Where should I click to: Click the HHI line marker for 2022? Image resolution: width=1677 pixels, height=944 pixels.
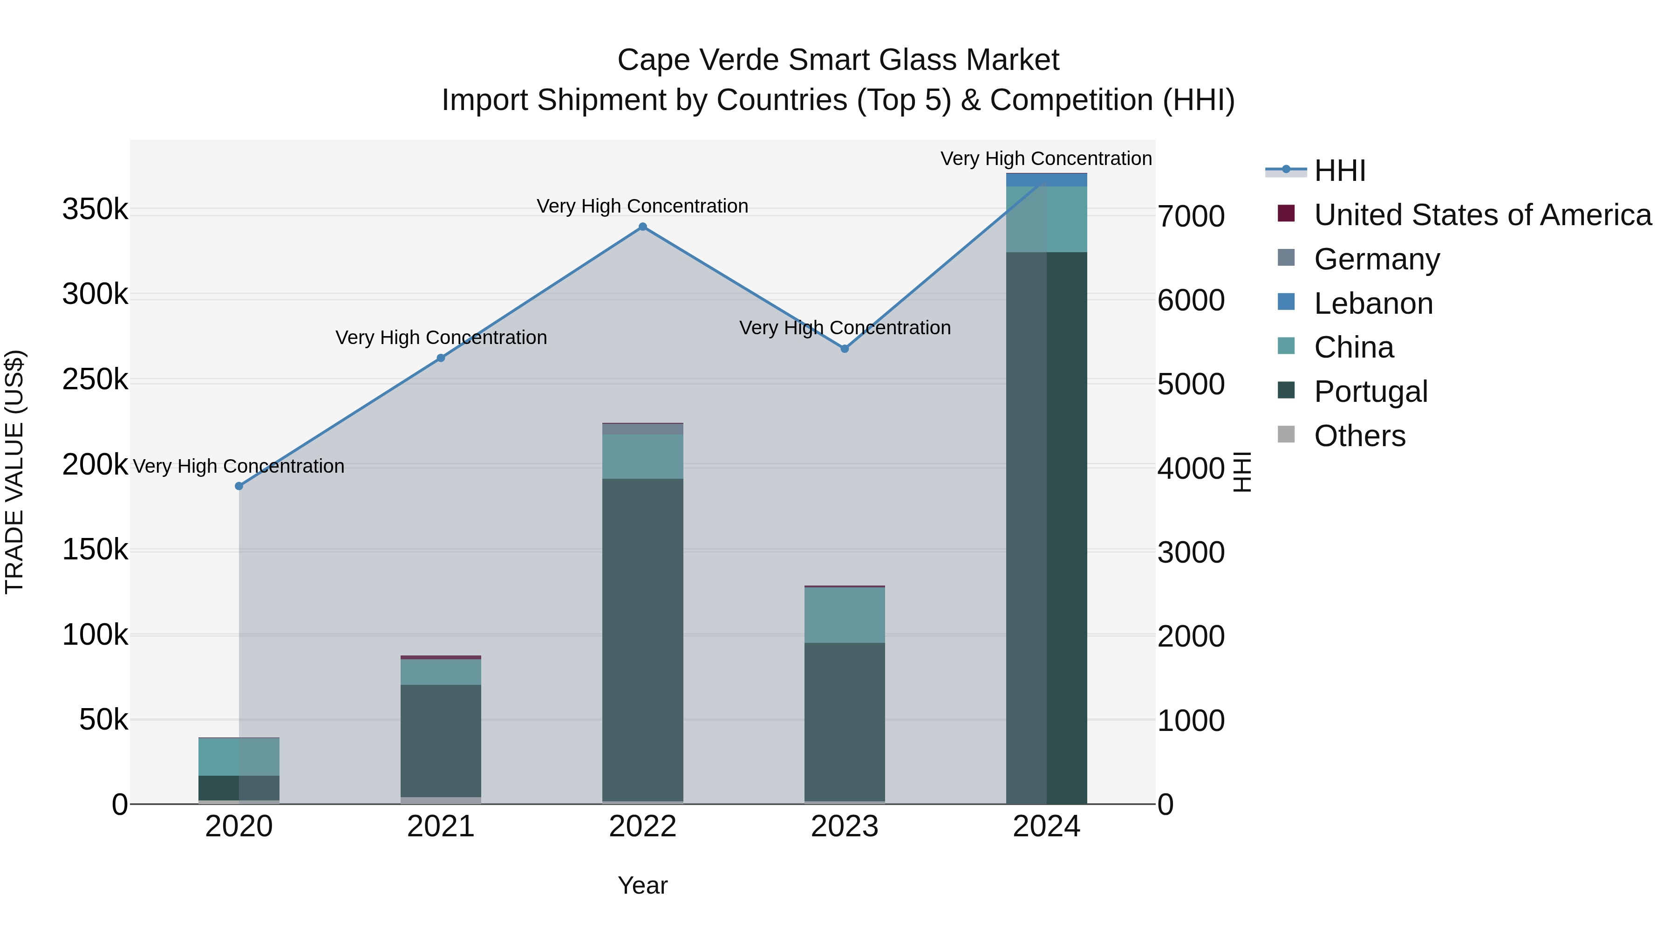click(x=642, y=227)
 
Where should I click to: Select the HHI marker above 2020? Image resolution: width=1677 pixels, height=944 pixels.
click(x=239, y=486)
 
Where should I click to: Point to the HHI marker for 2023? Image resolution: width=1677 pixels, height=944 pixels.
click(x=845, y=349)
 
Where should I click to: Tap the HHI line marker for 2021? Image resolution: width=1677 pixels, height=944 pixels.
click(x=441, y=358)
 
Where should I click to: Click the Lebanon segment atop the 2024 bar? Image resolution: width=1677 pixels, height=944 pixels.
click(x=1046, y=180)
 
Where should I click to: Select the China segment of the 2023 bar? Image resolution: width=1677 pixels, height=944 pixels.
click(x=845, y=614)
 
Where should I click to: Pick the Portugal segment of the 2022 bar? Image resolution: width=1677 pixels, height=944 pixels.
click(x=642, y=639)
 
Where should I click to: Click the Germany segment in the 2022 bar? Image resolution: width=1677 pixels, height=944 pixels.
click(x=642, y=429)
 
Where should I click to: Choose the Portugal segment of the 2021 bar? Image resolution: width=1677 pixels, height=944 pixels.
click(x=441, y=740)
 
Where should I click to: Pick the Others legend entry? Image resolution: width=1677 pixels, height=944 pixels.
click(x=1359, y=436)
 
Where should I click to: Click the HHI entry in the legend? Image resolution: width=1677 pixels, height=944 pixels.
click(x=1339, y=171)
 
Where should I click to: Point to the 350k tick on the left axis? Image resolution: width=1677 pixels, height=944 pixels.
click(x=95, y=210)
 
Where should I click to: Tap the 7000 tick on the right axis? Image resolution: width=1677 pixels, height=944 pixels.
click(x=1191, y=216)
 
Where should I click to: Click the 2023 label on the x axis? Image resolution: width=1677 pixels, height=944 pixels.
click(x=845, y=827)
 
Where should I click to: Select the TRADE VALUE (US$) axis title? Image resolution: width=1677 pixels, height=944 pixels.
click(x=14, y=472)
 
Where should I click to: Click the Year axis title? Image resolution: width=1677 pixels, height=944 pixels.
click(x=642, y=885)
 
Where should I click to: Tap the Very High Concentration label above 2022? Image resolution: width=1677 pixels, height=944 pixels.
click(x=642, y=206)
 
